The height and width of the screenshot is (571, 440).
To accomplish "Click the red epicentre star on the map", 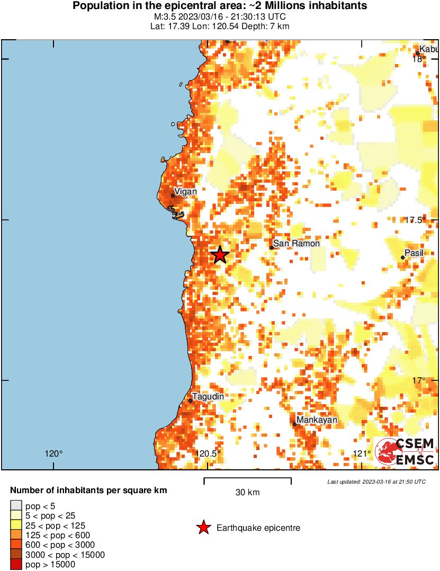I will tap(220, 255).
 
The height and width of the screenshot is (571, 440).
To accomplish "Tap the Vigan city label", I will tap(185, 192).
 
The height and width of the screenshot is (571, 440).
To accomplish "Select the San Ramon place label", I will tap(297, 244).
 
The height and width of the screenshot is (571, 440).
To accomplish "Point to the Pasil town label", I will tap(414, 253).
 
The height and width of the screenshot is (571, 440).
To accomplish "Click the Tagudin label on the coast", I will tap(208, 397).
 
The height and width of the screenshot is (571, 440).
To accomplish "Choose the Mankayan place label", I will tap(317, 420).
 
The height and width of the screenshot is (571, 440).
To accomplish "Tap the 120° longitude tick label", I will tap(53, 453).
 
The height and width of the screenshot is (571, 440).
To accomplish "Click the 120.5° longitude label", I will tap(208, 453).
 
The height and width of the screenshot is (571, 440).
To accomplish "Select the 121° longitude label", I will tap(362, 453).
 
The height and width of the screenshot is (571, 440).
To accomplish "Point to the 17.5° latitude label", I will tap(415, 220).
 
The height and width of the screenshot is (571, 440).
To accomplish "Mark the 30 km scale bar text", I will tap(247, 493).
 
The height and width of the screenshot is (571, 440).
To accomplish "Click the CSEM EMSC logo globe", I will tap(386, 451).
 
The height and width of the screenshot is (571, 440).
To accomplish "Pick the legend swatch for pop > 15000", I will tap(16, 565).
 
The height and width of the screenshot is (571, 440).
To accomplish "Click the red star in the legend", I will tap(203, 528).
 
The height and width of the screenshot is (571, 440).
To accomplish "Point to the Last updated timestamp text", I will tap(376, 482).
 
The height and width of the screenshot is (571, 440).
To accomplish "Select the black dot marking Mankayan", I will tap(295, 424).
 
